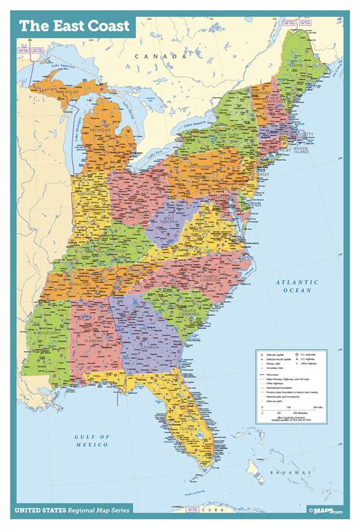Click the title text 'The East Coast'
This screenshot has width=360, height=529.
(74, 26)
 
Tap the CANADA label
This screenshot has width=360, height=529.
(158, 57)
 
